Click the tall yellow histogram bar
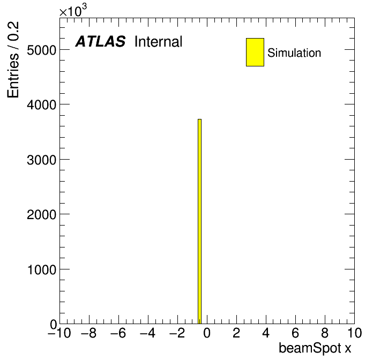coord(199,221)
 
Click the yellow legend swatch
coord(255,52)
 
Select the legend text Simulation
coord(294,52)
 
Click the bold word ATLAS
coord(100,41)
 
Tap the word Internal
coord(159,41)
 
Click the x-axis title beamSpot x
coord(315,348)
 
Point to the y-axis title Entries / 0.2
coord(13,59)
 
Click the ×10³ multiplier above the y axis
coord(73,11)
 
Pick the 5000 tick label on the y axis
coord(41,50)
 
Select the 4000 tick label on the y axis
coord(41,104)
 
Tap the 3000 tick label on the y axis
coord(41,160)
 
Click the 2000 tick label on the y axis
coord(41,214)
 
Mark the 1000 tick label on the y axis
coord(42,269)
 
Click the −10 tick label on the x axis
coord(59,333)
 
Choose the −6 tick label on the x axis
coord(118,333)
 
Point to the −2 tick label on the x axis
coord(177,333)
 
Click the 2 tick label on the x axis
coord(236,333)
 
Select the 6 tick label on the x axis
coord(295,333)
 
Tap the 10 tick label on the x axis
coord(354,333)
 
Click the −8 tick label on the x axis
coord(89,333)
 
